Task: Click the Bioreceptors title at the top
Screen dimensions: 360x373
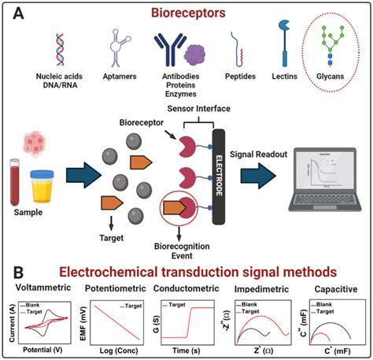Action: point(186,14)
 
